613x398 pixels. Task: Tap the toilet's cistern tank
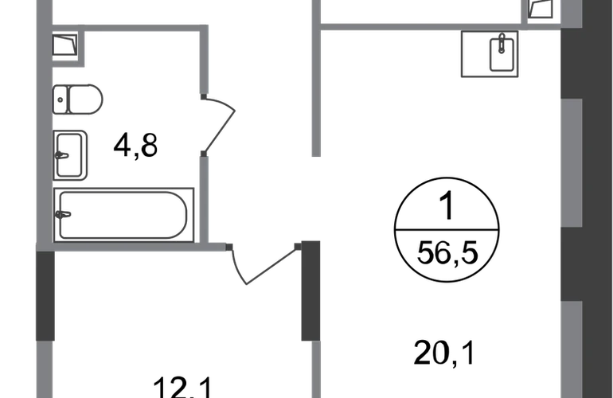point(61,99)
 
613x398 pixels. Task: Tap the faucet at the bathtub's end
point(64,214)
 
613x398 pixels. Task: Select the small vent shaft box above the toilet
point(64,44)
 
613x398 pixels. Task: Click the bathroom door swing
point(219,123)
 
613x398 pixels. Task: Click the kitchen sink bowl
point(502,55)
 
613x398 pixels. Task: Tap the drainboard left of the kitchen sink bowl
point(474,55)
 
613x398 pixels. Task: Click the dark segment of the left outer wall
point(45,296)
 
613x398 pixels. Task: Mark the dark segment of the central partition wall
point(310,291)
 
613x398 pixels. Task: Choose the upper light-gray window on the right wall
point(571,163)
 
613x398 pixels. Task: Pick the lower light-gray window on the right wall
point(571,350)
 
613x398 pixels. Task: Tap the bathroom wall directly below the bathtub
point(127,248)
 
